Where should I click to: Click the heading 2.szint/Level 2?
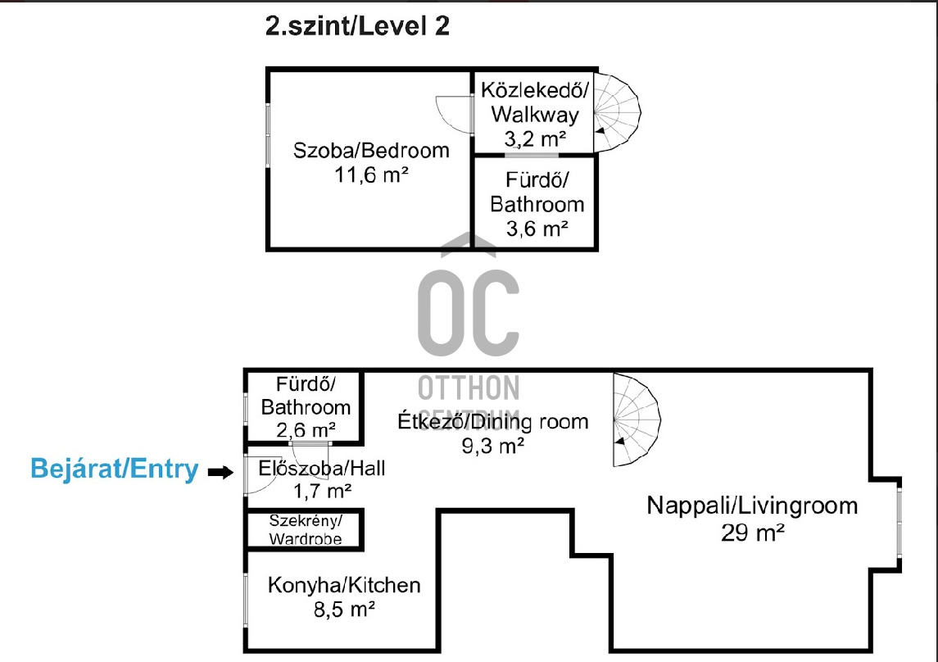coord(357,26)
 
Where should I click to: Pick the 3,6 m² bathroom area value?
coord(537,229)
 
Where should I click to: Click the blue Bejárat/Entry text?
coord(114,469)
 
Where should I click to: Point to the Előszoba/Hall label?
coord(321,469)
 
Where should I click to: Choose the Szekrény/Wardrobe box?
coord(305,529)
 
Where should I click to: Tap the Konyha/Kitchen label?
coord(344,585)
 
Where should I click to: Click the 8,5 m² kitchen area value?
coord(344,609)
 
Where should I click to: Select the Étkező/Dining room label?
coord(493,422)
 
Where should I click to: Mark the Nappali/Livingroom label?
coord(752,506)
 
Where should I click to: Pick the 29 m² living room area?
coord(752,533)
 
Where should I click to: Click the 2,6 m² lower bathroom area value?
coord(305,429)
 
